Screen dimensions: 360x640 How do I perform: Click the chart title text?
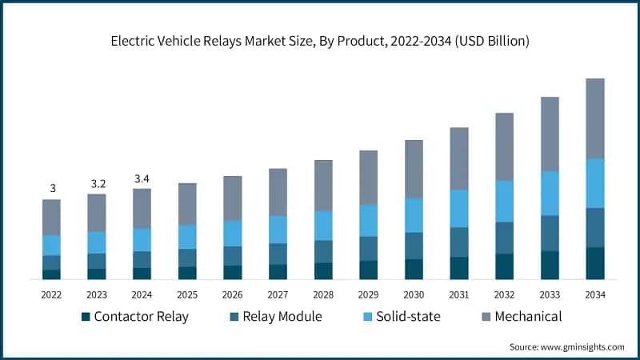coord(320,40)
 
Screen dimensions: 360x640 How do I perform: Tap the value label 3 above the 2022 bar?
coord(52,189)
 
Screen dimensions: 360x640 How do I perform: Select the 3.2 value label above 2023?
coord(98,183)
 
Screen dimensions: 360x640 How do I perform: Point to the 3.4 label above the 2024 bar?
coord(142,178)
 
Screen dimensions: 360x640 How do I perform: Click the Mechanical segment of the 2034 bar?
coord(595,118)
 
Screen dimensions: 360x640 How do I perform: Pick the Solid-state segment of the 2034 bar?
coord(595,183)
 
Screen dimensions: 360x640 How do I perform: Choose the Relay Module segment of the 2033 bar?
coord(550,233)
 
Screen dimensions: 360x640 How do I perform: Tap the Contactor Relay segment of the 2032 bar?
coord(504,266)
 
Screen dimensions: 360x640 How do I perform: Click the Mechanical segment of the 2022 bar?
coord(52,217)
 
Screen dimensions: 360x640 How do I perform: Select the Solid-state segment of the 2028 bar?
coord(323,226)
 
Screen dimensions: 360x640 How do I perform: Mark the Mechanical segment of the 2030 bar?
coord(414,169)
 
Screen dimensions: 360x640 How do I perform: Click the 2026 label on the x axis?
coord(233,295)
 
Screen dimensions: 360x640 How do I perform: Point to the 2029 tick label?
coord(369,295)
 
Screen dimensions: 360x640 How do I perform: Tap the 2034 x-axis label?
coord(595,295)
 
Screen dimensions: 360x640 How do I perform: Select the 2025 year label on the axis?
coord(188,295)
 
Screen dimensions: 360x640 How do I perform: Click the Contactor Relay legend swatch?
coord(86,317)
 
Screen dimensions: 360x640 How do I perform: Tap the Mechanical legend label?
coord(528,317)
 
